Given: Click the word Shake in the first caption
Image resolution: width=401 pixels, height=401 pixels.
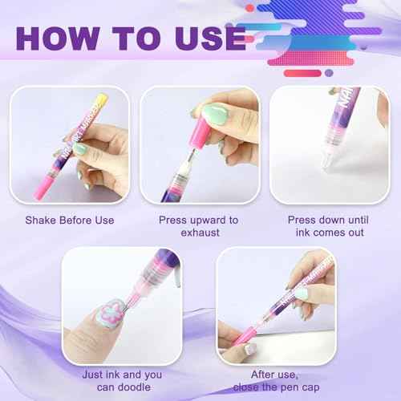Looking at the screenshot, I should point(41,220).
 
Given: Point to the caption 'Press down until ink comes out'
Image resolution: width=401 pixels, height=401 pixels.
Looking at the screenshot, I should point(329,226).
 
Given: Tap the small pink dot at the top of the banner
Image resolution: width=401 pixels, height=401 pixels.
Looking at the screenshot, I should point(250,8).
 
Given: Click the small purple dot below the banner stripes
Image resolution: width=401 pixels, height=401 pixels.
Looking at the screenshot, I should point(329,73).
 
